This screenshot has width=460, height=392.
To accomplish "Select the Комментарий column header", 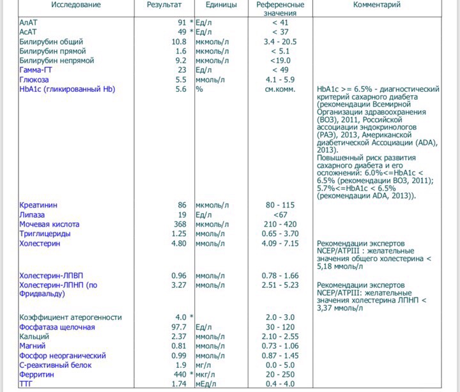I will pos(377,5).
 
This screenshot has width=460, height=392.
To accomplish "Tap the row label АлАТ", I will pos(29,22).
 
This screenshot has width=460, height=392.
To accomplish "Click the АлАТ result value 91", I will pos(182,22).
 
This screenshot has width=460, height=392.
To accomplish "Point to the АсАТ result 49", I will pos(182,32).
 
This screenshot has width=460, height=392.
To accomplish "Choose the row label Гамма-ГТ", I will pos(39,70).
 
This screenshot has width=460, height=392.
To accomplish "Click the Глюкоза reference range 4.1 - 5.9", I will pos(280,80).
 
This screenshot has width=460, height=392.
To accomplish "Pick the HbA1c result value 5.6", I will pos(181,89).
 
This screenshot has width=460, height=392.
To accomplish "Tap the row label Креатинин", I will pos(38,205).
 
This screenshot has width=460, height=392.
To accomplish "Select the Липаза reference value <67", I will pos(280,215).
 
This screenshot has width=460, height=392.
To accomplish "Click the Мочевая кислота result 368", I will pos(180,224).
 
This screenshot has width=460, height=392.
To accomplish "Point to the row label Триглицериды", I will pos(45,234).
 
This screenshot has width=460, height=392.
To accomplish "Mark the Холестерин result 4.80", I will pos(179,243).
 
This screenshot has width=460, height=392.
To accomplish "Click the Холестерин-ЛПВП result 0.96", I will pos(179,276).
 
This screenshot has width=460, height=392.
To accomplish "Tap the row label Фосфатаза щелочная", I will pos(57,327).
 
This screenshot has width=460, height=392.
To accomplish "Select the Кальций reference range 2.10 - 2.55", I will pos(280,336).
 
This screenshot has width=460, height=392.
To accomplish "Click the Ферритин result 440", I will pos(180,375).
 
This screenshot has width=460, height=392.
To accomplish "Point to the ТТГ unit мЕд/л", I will pos(210,384).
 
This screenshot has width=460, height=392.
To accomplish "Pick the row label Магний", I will pos(33,346).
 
